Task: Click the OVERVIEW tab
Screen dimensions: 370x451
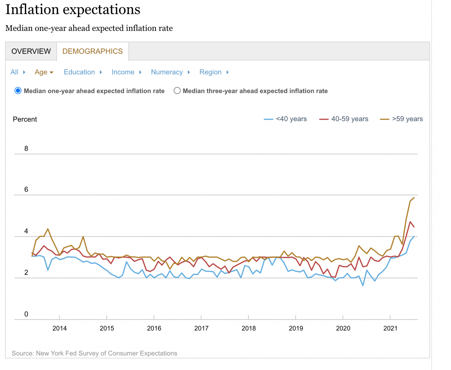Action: (x=31, y=51)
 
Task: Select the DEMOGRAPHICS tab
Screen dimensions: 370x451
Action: (x=92, y=51)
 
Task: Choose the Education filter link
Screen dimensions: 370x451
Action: (x=79, y=72)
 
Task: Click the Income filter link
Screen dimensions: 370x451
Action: (x=123, y=72)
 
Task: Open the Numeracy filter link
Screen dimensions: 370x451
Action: (x=167, y=72)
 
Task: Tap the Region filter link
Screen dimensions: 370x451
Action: (x=210, y=72)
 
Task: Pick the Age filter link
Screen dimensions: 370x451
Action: (x=41, y=72)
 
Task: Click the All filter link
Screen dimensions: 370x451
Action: (x=14, y=72)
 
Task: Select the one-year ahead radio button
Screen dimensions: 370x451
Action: (x=18, y=91)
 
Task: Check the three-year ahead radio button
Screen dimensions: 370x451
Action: (x=177, y=91)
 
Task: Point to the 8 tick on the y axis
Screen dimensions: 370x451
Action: (x=26, y=149)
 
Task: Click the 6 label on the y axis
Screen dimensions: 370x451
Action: (x=26, y=189)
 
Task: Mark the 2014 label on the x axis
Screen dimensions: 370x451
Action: (x=60, y=328)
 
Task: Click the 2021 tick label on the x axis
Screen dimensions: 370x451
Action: (x=390, y=328)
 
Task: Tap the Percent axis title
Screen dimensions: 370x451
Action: (x=25, y=119)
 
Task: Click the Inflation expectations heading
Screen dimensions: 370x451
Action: (x=73, y=9)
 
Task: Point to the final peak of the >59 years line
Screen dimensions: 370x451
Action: (x=414, y=198)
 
